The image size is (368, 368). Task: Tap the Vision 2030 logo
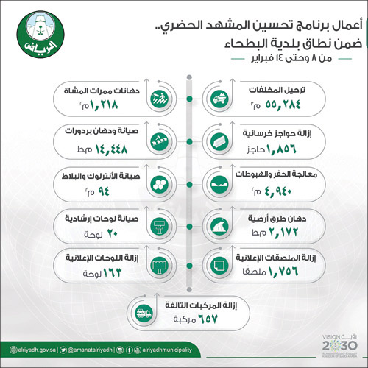click(333, 346)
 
